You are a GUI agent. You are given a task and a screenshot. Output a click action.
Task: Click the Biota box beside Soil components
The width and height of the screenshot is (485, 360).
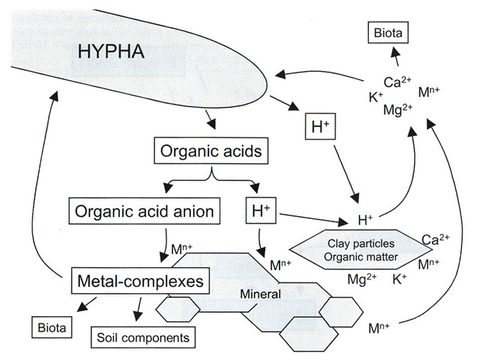click(53, 328)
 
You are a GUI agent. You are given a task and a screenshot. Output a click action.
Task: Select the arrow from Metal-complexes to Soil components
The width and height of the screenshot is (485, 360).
click(134, 310)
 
